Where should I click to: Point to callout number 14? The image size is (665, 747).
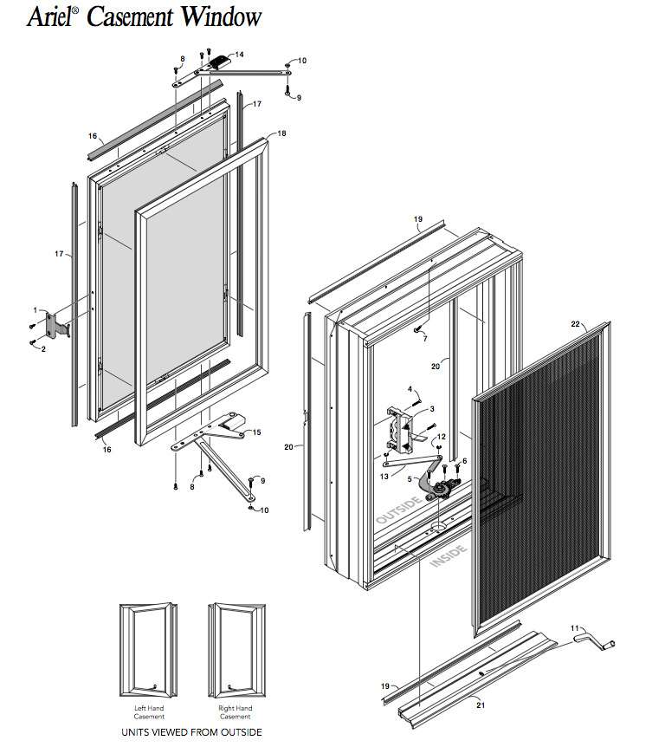click(x=239, y=55)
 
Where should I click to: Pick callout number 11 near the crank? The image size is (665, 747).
click(x=574, y=627)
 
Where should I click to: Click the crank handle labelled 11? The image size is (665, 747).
click(x=597, y=644)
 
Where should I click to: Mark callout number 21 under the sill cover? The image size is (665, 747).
click(x=480, y=705)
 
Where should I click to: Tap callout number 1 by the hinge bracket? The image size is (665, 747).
click(x=36, y=310)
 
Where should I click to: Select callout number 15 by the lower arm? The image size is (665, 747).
click(x=255, y=432)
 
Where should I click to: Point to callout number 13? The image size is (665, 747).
click(x=384, y=477)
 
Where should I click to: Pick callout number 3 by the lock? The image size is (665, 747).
click(x=432, y=408)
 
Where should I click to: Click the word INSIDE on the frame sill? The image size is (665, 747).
click(x=447, y=560)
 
